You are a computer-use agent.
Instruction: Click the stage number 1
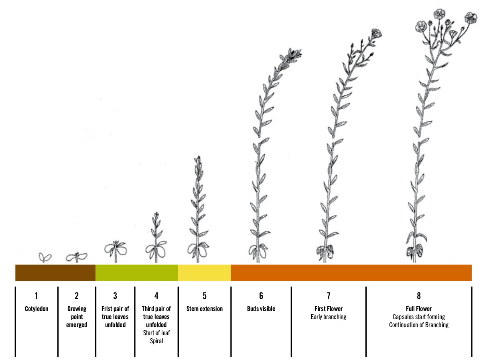coord(37,297)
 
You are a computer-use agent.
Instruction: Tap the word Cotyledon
coord(37,309)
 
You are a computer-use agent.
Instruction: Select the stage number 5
coord(204,297)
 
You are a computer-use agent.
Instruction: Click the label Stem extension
coord(204,309)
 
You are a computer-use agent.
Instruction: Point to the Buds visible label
coord(261,309)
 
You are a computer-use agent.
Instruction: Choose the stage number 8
coord(418,297)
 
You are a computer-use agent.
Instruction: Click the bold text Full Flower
coord(418,309)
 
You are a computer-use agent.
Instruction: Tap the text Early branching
coord(328,317)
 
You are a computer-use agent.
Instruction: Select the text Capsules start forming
coord(418,317)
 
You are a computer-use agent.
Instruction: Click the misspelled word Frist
coord(108,309)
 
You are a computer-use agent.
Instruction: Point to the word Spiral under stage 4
coord(156,341)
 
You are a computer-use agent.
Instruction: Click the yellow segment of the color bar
coord(204,273)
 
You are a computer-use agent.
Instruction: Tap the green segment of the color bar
coord(136,273)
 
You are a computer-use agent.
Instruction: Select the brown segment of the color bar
coord(55,273)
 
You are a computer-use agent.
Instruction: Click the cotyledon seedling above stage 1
coord(45,257)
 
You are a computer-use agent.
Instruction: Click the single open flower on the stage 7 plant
coord(376,33)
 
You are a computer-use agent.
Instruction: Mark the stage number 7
coord(328,297)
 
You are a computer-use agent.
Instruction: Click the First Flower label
coord(328,309)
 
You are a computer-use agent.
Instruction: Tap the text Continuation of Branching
coord(418,325)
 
